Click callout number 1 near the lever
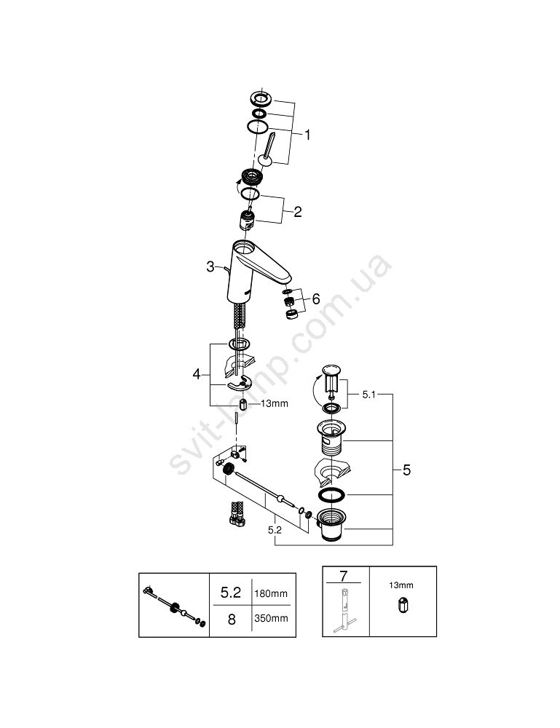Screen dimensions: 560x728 pos(307,135)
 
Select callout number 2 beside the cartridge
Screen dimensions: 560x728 pos(298,212)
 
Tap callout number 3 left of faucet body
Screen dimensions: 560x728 pos(210,266)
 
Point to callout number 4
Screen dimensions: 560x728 pos(197,373)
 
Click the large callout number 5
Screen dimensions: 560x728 pos(407,470)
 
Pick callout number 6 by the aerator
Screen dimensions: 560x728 pos(316,299)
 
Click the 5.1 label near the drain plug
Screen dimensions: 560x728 pos(368,395)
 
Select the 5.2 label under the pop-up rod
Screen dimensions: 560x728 pos(275,530)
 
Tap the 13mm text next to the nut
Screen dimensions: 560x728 pos(274,403)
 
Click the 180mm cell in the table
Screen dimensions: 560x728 pos(271,593)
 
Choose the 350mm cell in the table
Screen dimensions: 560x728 pos(271,618)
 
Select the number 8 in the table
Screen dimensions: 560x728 pos(232,620)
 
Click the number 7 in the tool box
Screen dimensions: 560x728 pos(344,576)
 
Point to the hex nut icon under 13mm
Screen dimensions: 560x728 pos(402,606)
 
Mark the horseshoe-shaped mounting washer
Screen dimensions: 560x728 pos(240,384)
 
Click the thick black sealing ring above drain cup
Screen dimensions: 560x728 pos(331,495)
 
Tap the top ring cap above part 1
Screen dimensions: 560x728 pos(262,98)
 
